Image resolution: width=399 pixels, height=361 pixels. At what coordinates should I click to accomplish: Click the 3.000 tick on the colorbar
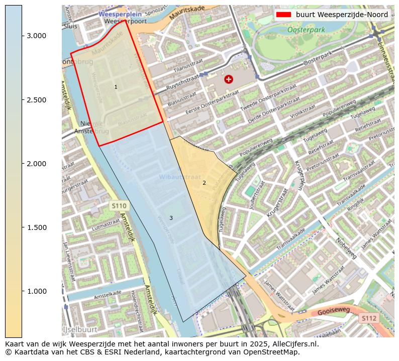pos(22,36)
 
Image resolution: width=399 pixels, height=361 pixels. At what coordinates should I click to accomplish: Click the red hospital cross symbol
pos(229,79)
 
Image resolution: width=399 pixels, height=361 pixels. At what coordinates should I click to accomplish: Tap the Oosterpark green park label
pos(306,30)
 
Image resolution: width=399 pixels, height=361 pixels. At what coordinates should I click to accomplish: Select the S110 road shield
pos(119,206)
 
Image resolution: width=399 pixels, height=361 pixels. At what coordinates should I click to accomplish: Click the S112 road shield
pos(369,318)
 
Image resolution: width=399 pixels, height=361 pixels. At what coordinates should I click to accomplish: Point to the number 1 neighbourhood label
pos(116,87)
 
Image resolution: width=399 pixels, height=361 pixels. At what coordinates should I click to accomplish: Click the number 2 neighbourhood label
pos(204,183)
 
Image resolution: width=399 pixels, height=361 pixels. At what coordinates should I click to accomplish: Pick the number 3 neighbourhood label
pos(171,218)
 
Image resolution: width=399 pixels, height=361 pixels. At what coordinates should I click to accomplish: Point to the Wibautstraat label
pos(179,177)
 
